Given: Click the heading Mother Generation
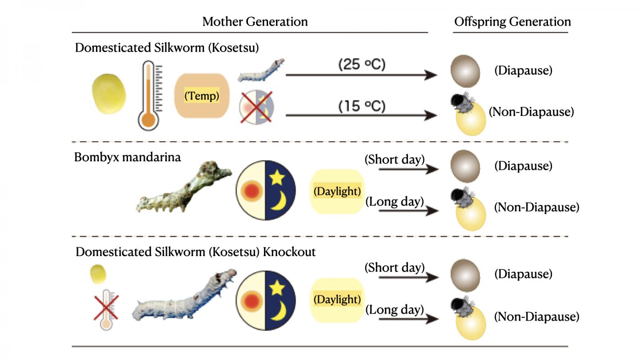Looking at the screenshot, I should pyautogui.click(x=255, y=21).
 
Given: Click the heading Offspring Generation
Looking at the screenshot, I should pyautogui.click(x=512, y=21).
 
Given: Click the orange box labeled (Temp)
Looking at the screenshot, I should pyautogui.click(x=202, y=96).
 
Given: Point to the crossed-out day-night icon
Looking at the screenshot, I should pyautogui.click(x=257, y=107).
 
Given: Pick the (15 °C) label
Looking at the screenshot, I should pyautogui.click(x=361, y=107).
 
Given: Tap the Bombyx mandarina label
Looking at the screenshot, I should pyautogui.click(x=128, y=157).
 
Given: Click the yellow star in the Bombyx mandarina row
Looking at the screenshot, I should pyautogui.click(x=277, y=177).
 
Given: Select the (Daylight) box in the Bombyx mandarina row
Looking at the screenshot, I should pyautogui.click(x=336, y=192).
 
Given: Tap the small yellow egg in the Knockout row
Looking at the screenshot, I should pyautogui.click(x=98, y=274).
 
